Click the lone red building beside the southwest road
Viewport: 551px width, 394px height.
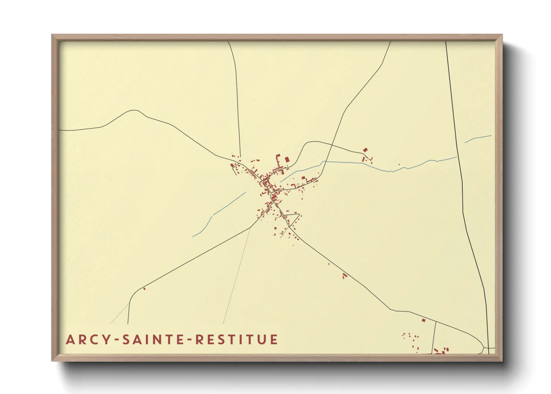pyautogui.click(x=144, y=289)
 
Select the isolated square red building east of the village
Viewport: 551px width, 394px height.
pyautogui.click(x=365, y=150)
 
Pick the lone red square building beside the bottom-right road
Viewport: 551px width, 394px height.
pyautogui.click(x=423, y=320)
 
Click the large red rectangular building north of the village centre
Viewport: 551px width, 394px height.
pyautogui.click(x=287, y=159)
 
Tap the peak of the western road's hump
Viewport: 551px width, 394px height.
pyautogui.click(x=134, y=110)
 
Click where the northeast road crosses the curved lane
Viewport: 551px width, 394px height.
pyautogui.click(x=331, y=144)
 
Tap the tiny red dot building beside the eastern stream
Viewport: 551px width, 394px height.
pyautogui.click(x=399, y=165)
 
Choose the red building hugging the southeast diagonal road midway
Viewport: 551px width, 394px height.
pyautogui.click(x=344, y=276)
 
